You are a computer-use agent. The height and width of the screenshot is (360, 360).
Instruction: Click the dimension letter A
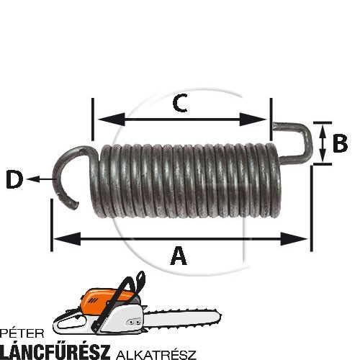179,256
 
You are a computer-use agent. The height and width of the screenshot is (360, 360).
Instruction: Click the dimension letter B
340,143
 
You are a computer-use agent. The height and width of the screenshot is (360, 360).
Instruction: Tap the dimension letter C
180,103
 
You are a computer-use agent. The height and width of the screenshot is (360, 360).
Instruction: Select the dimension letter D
14,179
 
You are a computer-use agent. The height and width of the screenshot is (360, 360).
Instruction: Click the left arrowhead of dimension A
67,239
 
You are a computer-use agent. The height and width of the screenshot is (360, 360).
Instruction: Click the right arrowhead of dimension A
294,239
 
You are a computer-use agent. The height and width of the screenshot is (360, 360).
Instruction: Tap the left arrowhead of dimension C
112,120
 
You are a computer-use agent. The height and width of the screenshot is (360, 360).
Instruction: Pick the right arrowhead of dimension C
253,120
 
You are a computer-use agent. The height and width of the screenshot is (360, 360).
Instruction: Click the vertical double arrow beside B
323,143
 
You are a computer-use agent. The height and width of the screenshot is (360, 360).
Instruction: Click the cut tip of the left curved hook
74,205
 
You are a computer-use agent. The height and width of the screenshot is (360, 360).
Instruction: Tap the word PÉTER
22,333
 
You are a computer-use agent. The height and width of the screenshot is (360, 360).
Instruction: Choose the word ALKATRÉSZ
156,354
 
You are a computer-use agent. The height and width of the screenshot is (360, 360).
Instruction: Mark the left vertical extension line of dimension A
52,225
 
